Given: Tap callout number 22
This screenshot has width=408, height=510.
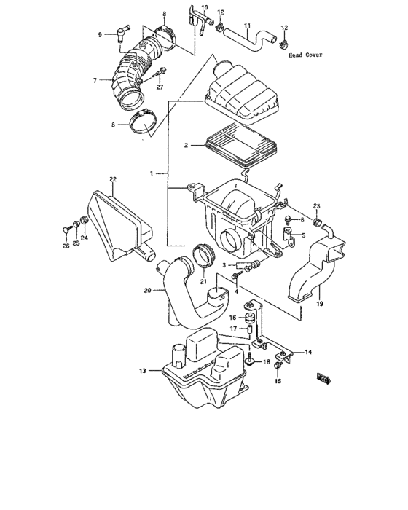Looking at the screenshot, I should click(113, 179).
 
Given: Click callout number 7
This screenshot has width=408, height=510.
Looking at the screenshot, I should click(95, 80).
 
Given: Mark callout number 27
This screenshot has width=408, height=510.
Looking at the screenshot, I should click(160, 87).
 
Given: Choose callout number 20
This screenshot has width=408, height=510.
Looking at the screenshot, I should click(148, 290).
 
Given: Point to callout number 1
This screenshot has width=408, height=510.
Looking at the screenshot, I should click(152, 173).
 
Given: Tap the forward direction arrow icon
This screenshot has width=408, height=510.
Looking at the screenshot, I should click(323, 377).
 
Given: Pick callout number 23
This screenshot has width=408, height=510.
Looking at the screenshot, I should click(317, 205).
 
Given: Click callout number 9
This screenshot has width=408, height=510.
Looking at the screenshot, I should click(100, 34).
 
